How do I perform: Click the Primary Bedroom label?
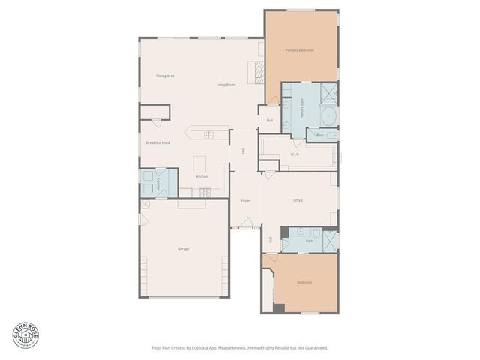(299, 50)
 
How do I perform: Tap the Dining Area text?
(165, 76)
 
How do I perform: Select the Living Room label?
(226, 85)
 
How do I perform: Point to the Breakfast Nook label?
(157, 142)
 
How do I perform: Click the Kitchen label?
(202, 176)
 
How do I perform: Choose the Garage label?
(183, 248)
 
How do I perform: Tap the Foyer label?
(244, 201)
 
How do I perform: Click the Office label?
(298, 200)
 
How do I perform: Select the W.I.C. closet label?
(295, 154)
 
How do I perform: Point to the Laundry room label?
(157, 183)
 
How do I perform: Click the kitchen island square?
(200, 163)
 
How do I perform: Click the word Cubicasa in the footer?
(199, 348)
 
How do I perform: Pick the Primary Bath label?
(303, 109)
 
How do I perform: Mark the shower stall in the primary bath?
(328, 94)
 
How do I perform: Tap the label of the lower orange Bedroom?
(304, 282)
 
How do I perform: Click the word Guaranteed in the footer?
(314, 348)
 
